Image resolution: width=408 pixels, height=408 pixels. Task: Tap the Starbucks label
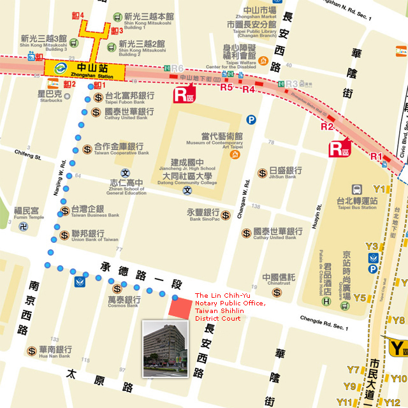(48, 96)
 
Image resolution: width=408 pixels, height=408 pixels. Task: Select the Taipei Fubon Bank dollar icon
(98, 98)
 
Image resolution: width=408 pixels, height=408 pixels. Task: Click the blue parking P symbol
(251, 119)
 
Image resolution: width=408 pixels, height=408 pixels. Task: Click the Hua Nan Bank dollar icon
(32, 351)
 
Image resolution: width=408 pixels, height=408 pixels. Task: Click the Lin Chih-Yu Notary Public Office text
(229, 307)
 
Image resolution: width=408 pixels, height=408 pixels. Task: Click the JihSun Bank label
(280, 173)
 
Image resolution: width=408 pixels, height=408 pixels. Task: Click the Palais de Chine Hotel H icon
(326, 301)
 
